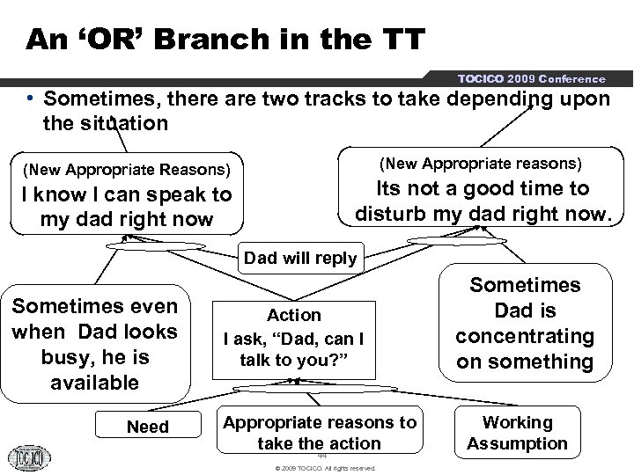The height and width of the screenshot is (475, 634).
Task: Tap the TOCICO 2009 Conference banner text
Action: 531,78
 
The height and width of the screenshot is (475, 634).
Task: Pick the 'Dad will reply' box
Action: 300,259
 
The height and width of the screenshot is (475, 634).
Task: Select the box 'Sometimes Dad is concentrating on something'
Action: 525,323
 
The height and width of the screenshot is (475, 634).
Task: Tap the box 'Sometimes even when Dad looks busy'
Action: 95,344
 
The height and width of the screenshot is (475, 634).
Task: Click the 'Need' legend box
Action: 148,427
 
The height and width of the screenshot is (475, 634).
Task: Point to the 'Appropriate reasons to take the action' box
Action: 320,432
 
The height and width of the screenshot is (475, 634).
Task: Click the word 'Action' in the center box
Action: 294,315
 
